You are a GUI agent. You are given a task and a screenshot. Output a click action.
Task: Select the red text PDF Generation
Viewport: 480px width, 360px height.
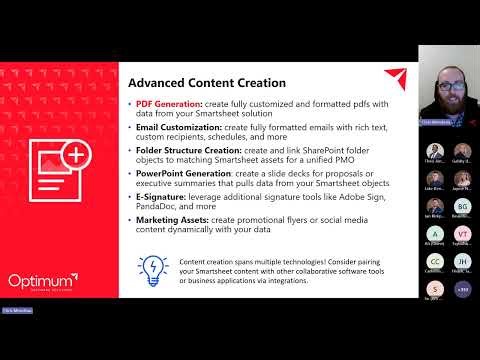click(x=165, y=105)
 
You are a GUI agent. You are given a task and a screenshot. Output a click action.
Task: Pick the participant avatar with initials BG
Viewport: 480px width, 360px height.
click(x=462, y=205)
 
